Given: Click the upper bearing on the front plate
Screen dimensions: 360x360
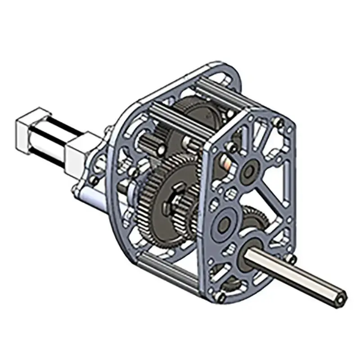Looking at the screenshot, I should point(248,172).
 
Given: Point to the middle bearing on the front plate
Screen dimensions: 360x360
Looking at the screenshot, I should point(224,222).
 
